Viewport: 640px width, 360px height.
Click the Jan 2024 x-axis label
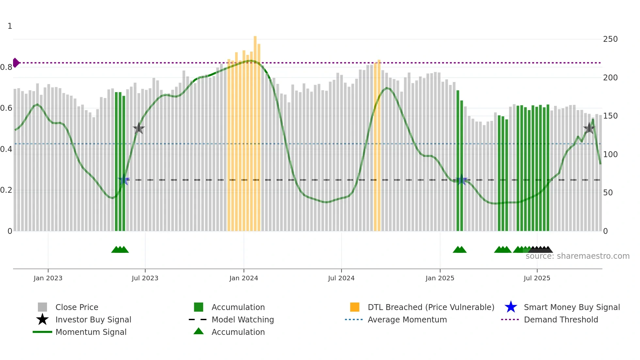coord(244,278)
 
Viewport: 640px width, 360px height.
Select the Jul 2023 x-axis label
coord(145,278)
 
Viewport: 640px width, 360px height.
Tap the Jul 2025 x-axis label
coord(537,278)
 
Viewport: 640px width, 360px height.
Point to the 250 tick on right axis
coord(610,39)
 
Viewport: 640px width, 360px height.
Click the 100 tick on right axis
coord(610,154)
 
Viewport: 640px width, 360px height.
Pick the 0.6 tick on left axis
coord(6,108)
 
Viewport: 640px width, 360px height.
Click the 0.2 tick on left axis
coord(6,190)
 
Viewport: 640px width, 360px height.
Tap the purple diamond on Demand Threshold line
coord(16,62)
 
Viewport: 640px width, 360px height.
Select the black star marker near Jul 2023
coord(139,128)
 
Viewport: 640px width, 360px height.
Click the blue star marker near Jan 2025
coord(461,180)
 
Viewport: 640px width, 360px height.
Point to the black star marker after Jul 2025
coord(589,128)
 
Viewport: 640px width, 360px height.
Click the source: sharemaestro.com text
coord(577,256)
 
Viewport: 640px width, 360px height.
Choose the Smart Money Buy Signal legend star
coord(511,307)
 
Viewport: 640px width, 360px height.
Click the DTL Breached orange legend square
coord(355,307)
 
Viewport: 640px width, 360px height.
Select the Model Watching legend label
coord(243,319)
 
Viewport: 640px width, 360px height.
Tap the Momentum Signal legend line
coord(42,332)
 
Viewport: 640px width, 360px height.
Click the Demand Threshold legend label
coord(561,319)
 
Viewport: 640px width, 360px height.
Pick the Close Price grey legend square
coord(42,307)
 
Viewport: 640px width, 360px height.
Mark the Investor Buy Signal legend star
coord(42,319)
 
